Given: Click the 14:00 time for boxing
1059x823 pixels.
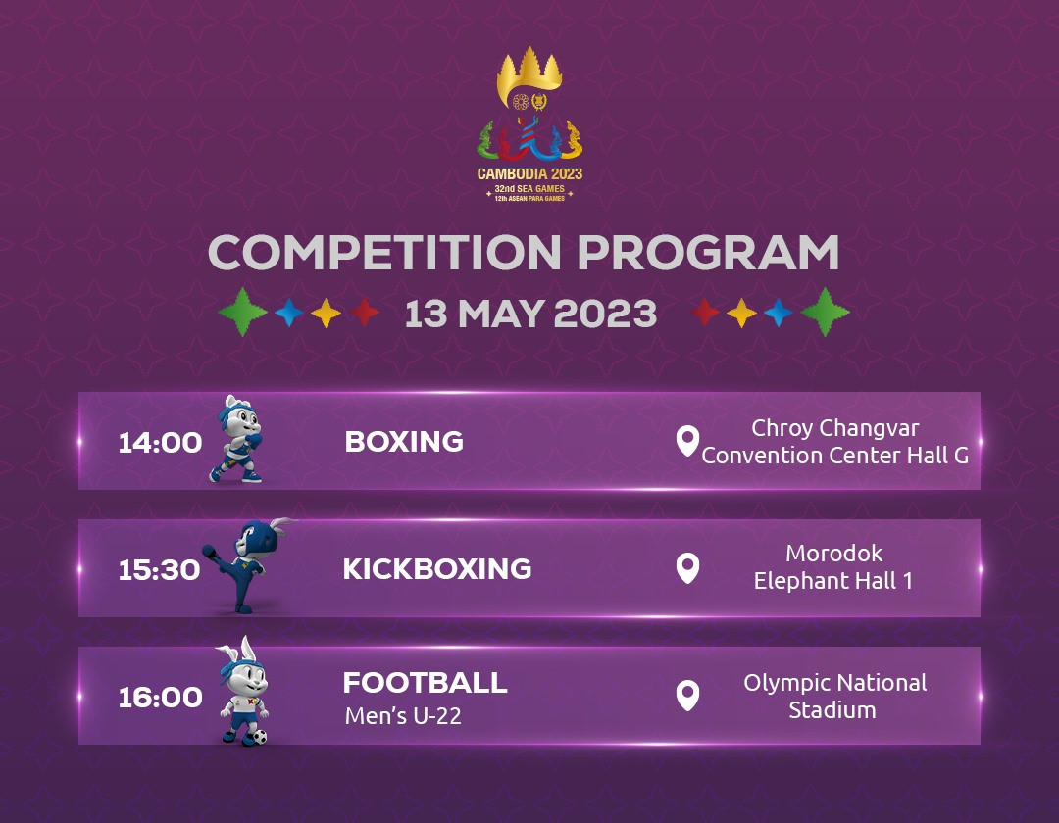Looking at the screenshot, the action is click(160, 443).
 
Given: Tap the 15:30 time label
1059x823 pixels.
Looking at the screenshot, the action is click(160, 570).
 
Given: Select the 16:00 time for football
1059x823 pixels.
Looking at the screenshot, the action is click(160, 698).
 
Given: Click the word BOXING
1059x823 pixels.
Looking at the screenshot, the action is click(404, 441).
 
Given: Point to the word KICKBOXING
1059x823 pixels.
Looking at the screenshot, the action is click(437, 568).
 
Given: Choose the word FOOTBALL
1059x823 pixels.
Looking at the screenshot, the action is click(425, 683).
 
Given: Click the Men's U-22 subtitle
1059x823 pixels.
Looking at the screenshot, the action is click(403, 716).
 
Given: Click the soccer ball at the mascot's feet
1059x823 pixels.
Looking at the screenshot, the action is click(259, 736).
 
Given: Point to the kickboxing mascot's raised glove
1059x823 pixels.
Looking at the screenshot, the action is click(210, 552).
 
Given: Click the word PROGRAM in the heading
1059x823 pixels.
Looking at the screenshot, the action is click(708, 253).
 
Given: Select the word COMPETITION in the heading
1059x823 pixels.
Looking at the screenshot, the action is click(384, 253).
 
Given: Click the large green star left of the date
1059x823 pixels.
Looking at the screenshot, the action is click(242, 312).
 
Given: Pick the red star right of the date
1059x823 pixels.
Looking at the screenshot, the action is click(705, 312).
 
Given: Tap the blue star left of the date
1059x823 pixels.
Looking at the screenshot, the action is click(289, 313).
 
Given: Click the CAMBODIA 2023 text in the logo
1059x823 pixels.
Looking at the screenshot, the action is click(529, 174).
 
